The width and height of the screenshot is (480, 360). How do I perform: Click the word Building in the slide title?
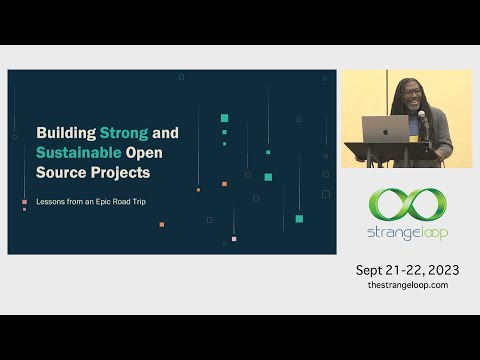click(65, 132)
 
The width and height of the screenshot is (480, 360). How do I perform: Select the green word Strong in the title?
click(123, 132)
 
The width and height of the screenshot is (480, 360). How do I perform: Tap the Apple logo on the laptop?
click(385, 129)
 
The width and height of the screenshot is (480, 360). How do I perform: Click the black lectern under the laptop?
click(392, 153)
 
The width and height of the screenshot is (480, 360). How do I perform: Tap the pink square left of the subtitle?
click(24, 202)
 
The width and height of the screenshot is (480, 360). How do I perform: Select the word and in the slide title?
click(167, 132)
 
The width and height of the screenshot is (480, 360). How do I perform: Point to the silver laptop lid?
click(385, 129)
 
